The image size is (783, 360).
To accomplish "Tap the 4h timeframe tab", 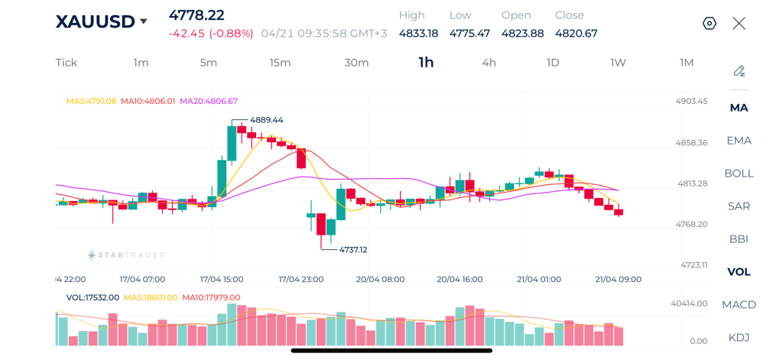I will [x=489, y=63].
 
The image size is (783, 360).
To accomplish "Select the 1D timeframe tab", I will [x=552, y=63].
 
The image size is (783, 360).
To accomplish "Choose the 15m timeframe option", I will [x=280, y=63].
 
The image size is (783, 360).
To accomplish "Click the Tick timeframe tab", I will [x=67, y=63].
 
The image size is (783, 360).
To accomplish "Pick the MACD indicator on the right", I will [x=739, y=304].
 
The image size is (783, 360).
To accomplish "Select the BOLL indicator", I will [x=739, y=173].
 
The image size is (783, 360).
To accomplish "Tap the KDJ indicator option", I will [x=739, y=337].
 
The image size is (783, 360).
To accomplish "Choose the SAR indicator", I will [x=739, y=206].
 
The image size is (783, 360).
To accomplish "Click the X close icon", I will [x=739, y=23].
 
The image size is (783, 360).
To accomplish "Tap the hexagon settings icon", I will [x=710, y=23].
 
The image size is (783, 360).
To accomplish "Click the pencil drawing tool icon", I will [x=739, y=71].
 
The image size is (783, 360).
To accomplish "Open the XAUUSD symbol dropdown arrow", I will [x=143, y=22].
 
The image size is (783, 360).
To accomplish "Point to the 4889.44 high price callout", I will [x=266, y=120].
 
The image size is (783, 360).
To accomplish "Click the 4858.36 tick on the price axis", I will [x=692, y=142].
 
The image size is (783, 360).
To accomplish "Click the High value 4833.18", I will [x=418, y=33].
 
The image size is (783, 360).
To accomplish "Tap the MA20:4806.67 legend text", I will [x=208, y=101].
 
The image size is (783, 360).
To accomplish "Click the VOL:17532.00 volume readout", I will [x=93, y=297].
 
